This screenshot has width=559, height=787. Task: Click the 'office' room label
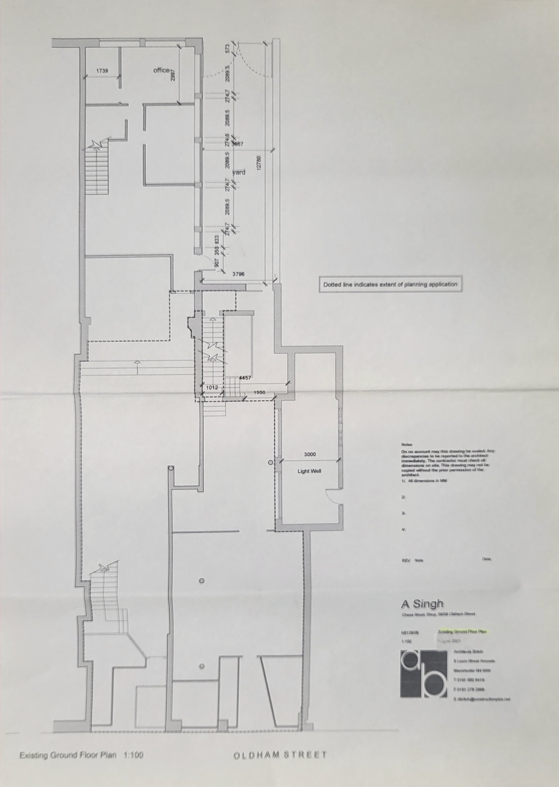161,70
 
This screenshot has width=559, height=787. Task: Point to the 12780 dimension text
259,162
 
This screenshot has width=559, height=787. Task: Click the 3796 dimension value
239,274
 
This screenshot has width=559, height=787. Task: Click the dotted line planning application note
390,285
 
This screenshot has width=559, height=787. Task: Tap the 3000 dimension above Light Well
310,454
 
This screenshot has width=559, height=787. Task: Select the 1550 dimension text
259,392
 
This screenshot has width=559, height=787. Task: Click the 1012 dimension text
212,387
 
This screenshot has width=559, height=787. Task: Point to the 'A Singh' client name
422,604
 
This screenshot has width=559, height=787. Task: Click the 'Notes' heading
406,445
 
